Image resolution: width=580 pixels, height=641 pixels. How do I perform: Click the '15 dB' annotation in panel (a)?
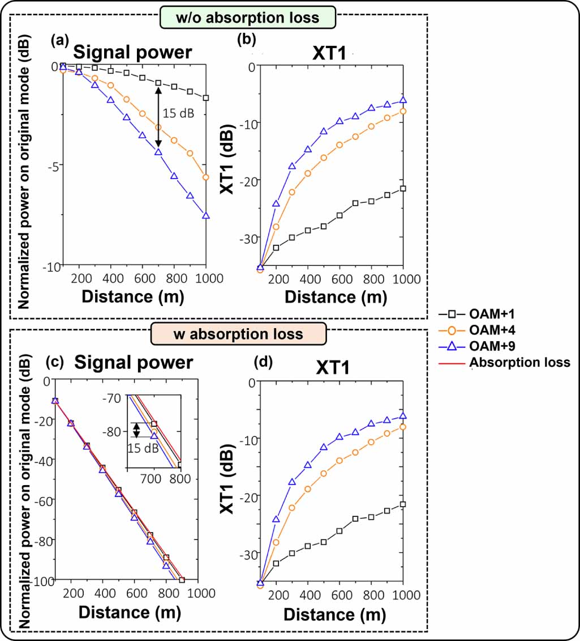(178, 113)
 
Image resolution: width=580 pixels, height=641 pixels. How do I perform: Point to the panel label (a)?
(60, 40)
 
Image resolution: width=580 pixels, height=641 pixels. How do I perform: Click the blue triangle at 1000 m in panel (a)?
(207, 215)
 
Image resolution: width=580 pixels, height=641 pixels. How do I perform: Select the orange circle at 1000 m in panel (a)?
(207, 177)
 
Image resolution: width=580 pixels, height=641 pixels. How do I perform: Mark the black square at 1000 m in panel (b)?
(403, 188)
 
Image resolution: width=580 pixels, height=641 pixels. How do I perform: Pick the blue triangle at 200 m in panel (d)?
(276, 519)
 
